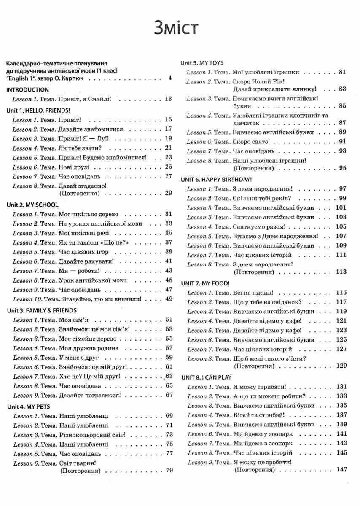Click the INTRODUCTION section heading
28,90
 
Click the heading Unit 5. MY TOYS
202,62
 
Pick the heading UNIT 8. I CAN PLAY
206,377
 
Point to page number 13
169,99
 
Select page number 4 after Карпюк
169,78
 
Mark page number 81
342,72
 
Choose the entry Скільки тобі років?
261,198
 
